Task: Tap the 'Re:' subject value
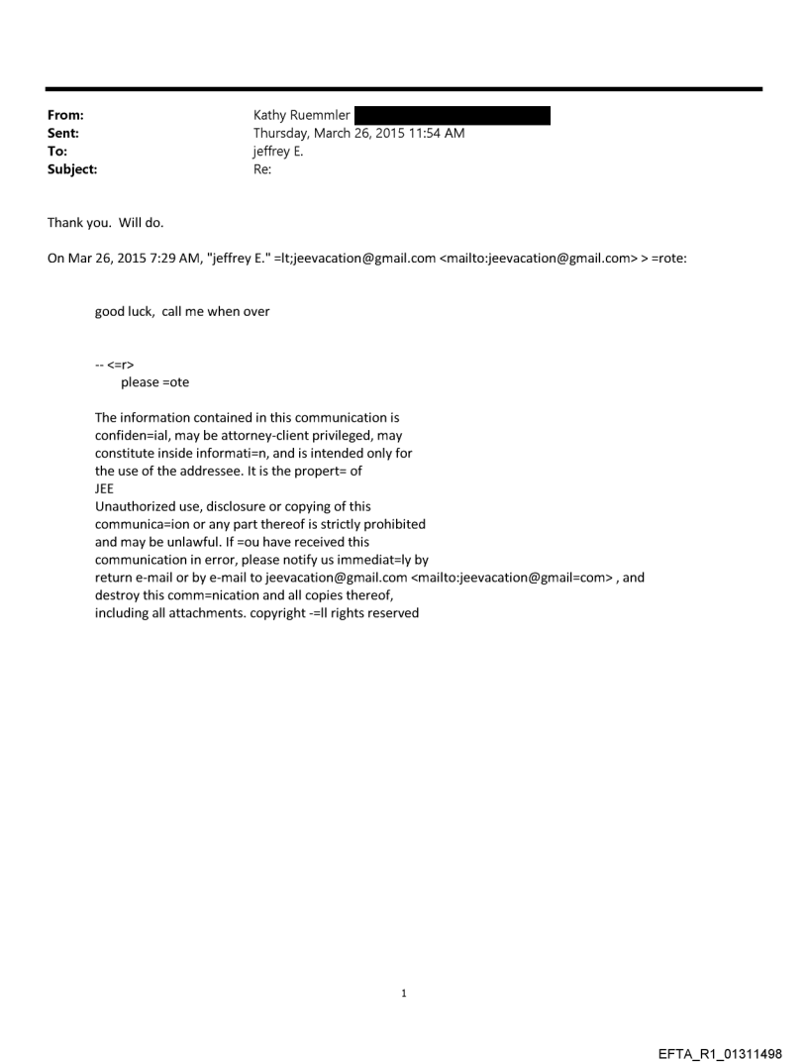[x=262, y=169]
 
